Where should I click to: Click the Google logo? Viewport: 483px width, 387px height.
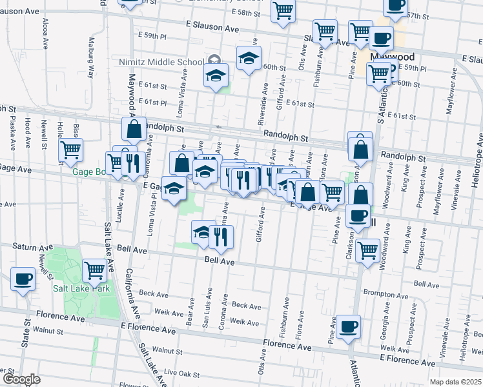(x=21, y=379)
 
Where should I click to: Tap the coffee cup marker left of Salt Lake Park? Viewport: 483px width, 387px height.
(x=23, y=279)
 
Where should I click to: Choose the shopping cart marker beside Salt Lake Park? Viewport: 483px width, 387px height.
(x=94, y=270)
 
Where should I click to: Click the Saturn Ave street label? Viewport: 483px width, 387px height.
(x=33, y=246)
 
